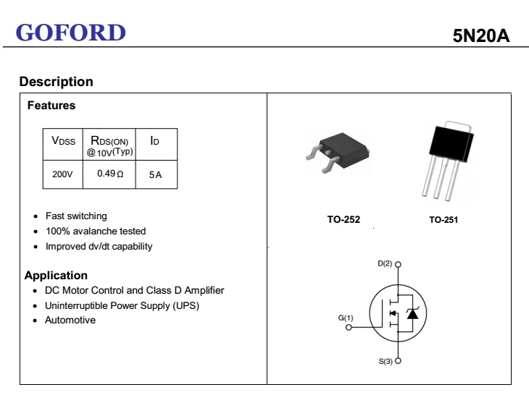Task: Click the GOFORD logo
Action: tap(71, 33)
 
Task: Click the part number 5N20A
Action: tap(480, 35)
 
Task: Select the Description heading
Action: tap(57, 82)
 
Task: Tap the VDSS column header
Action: tap(64, 141)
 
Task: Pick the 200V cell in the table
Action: tap(62, 174)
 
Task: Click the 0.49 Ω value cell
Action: tap(110, 174)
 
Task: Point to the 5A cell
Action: tap(156, 175)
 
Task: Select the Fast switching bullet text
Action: tap(76, 216)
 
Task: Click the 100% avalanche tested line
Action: tap(96, 231)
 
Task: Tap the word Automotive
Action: tap(70, 320)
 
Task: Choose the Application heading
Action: tap(56, 276)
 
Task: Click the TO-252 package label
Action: tap(343, 219)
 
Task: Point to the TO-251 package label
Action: tap(443, 220)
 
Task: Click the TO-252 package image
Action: tap(338, 152)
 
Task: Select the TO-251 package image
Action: tap(448, 161)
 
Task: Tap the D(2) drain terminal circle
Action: tap(398, 264)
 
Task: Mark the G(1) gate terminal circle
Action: tap(349, 327)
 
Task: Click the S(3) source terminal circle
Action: tap(398, 361)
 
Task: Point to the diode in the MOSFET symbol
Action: tap(412, 313)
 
